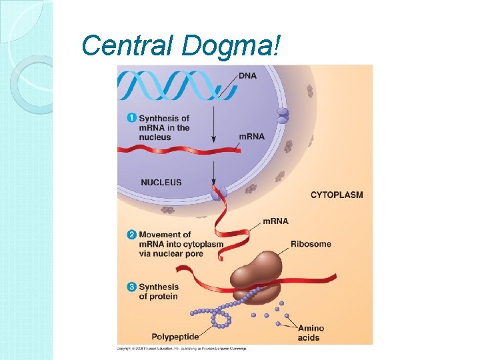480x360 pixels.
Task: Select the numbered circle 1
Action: pos(131,118)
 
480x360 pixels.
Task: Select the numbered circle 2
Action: pos(131,235)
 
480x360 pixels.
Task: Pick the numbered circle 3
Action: pos(131,287)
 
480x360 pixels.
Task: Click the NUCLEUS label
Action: pos(161,182)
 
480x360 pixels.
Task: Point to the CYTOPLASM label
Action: pos(337,195)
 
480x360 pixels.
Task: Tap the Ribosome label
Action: pos(311,243)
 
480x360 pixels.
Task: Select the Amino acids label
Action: pos(310,333)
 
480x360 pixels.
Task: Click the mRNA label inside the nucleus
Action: pos(251,136)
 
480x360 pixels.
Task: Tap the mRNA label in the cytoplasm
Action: pos(275,221)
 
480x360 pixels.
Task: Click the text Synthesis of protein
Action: pos(158,291)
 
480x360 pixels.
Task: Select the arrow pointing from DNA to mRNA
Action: pos(213,120)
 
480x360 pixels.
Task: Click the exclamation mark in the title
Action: pos(277,45)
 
